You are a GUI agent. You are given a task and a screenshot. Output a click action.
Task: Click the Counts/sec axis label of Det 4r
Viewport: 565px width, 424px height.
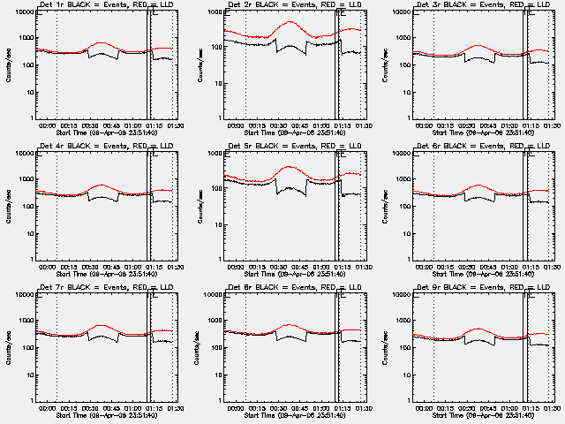pos(7,206)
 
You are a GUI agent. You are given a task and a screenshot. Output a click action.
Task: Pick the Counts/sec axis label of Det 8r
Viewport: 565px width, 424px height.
pos(195,347)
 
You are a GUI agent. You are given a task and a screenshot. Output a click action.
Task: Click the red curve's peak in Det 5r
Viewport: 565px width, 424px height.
pos(289,166)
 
